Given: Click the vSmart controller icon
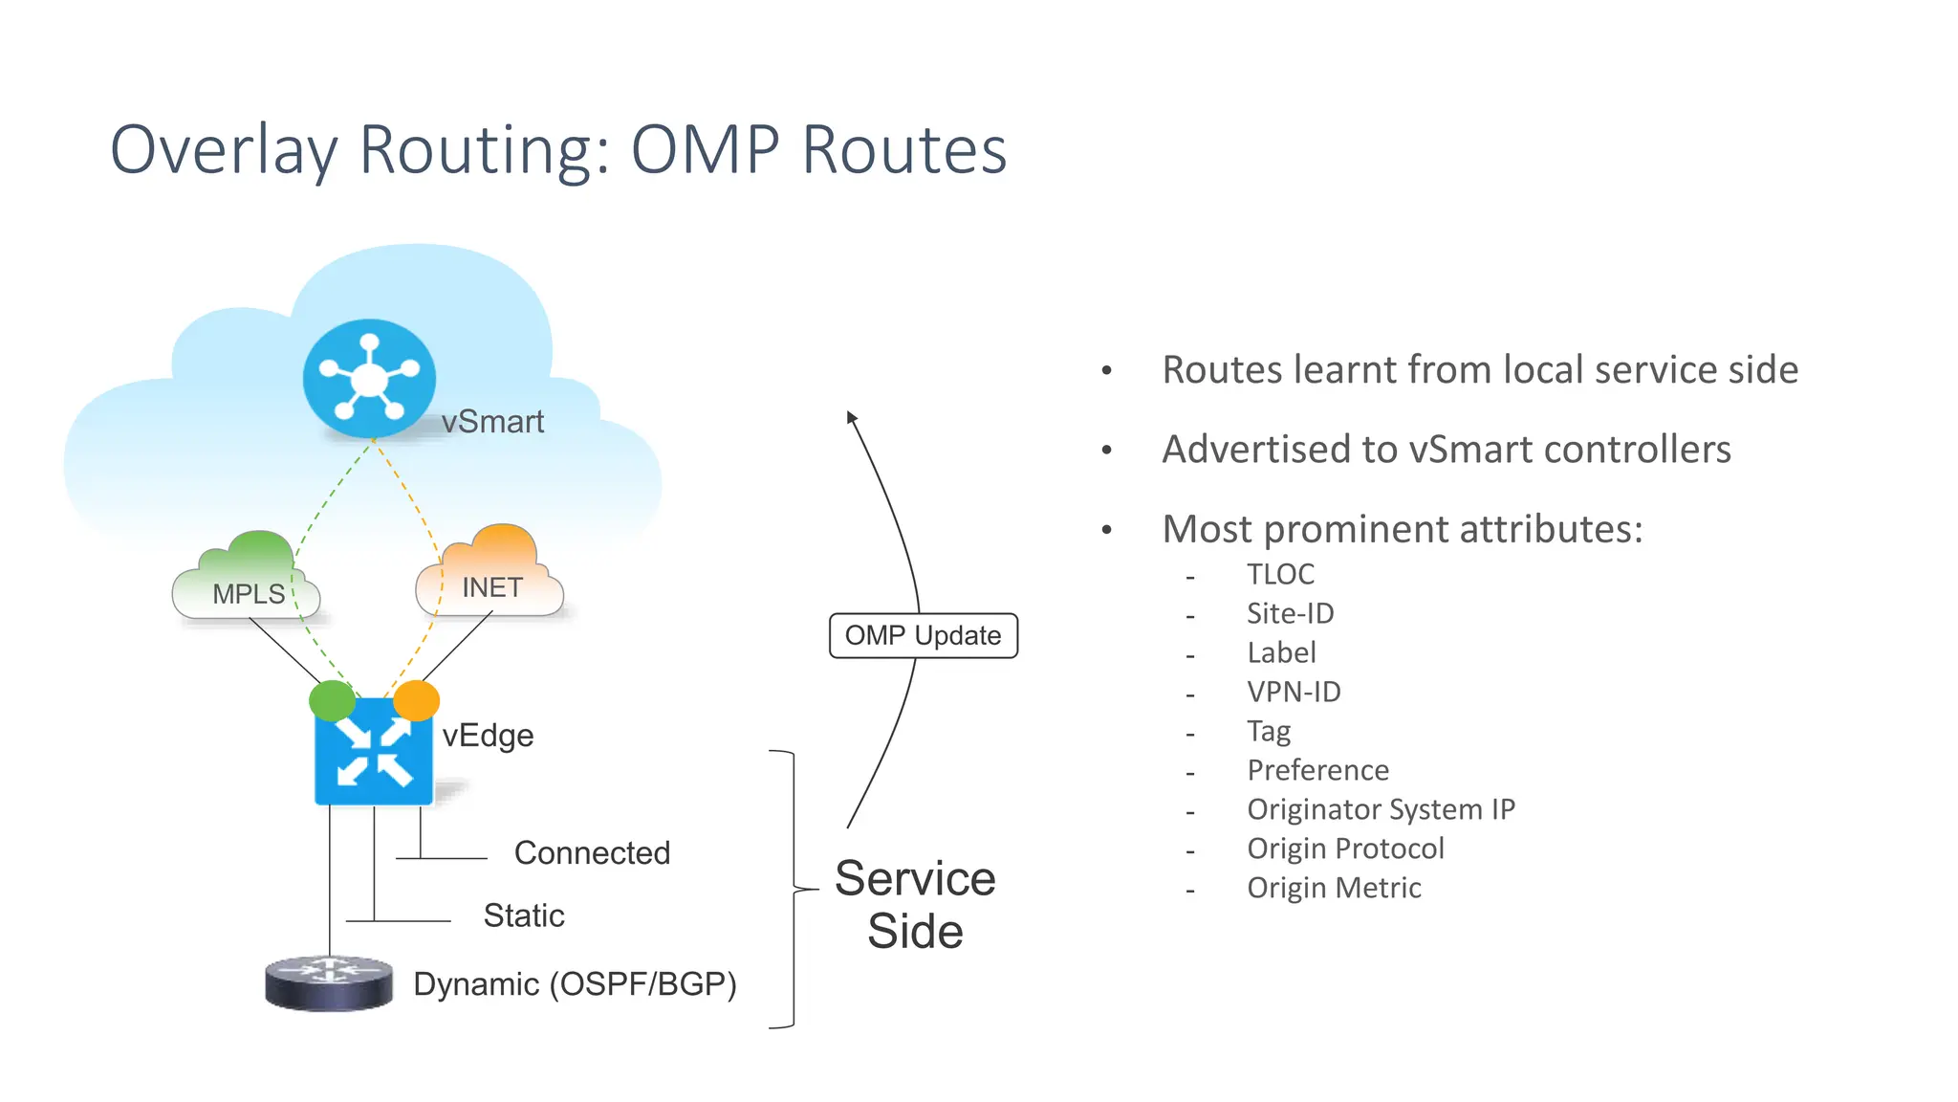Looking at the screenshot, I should point(369,379).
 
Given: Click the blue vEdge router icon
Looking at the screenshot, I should point(373,752).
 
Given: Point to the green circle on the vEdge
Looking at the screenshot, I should point(332,700).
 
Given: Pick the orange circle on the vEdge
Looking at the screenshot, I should point(417,700).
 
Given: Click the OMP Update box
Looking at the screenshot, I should point(923,635).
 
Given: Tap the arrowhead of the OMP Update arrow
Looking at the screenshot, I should point(851,418).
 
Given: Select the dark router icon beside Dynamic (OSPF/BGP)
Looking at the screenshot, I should point(329,982).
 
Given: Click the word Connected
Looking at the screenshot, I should point(592,852).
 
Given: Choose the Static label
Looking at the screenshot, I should point(524,915).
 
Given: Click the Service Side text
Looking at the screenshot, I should point(915,904).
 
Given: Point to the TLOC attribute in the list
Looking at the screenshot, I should point(1280,574).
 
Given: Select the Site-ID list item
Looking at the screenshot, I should point(1290,613).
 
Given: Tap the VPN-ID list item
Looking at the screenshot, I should point(1294,692).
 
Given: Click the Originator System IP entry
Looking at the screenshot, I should point(1381,809).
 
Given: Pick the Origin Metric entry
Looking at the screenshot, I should point(1334,888).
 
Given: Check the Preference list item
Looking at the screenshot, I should point(1317,770).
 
